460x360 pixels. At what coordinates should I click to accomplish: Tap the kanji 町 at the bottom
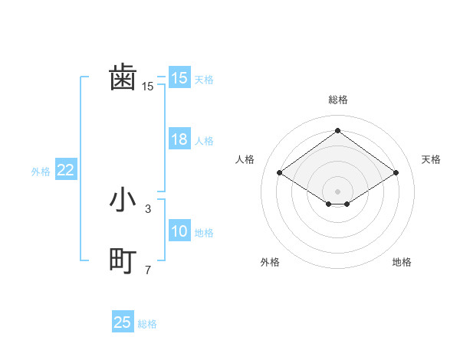[123, 261]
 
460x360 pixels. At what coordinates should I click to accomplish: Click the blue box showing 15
[179, 78]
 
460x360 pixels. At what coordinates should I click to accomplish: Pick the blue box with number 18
[179, 139]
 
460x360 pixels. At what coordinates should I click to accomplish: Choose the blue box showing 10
[179, 231]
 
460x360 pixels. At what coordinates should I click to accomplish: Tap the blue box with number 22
[66, 170]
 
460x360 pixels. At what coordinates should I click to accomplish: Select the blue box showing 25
[123, 322]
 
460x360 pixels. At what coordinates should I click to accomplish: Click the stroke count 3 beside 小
[147, 208]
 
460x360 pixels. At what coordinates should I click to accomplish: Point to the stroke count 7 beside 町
[147, 270]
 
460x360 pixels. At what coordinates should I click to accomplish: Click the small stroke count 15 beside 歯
[147, 87]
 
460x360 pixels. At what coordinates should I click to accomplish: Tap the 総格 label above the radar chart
[337, 100]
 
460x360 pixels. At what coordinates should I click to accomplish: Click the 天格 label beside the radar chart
[431, 159]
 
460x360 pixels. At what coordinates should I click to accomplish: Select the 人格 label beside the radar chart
[245, 159]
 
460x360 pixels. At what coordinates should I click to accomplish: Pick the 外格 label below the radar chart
[270, 263]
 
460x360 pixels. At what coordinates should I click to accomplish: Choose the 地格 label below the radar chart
[402, 263]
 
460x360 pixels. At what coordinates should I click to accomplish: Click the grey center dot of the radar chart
[337, 191]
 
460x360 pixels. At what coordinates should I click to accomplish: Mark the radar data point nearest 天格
[396, 172]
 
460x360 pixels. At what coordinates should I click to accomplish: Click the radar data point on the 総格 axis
[337, 131]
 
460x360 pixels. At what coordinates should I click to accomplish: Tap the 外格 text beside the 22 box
[41, 172]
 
